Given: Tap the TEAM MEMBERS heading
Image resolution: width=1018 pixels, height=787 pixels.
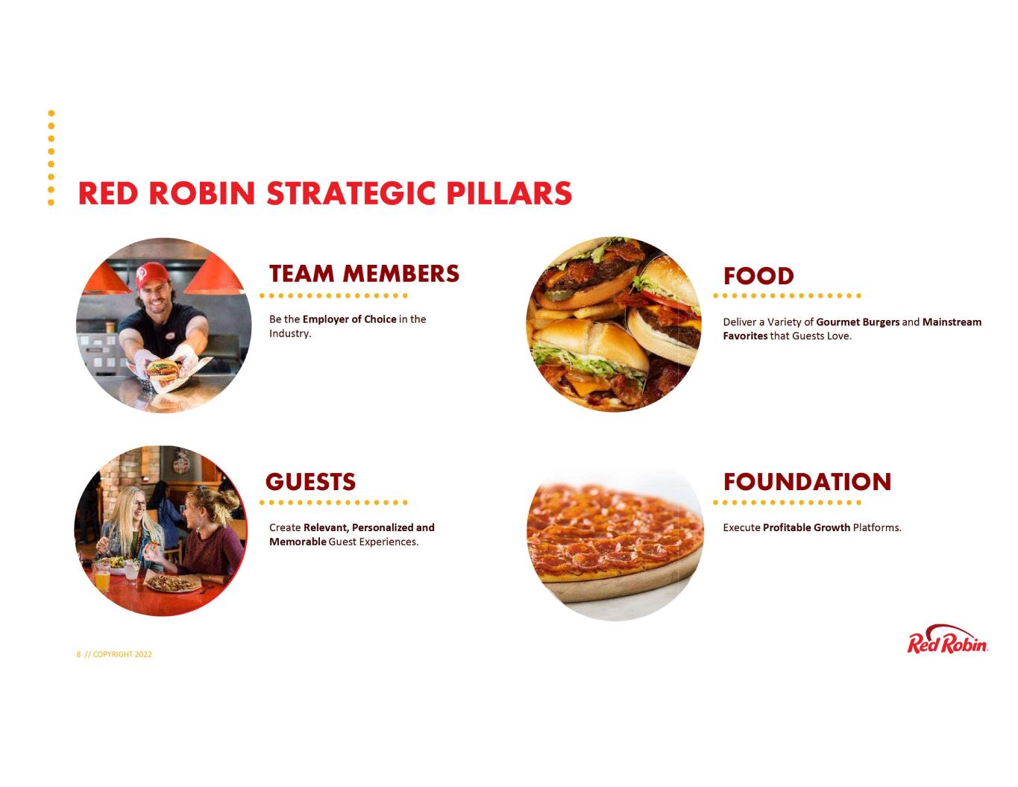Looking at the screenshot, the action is (364, 274).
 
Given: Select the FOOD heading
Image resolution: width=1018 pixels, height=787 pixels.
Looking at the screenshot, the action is (758, 276).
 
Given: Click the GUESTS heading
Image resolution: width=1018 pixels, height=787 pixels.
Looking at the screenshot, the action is (310, 482).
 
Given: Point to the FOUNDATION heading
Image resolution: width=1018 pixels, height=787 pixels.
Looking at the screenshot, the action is (807, 482).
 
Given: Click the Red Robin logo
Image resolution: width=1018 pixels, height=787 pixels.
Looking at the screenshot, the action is (947, 639).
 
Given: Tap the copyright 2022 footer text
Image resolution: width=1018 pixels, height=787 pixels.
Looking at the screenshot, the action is (114, 654).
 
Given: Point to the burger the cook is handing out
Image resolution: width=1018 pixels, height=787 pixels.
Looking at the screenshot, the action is (162, 369).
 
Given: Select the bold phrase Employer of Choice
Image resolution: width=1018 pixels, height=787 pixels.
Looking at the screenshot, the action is (349, 319).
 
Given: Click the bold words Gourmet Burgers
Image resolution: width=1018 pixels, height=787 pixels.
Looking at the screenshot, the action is (858, 322).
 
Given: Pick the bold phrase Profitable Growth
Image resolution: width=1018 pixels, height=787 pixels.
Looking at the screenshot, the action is (806, 527).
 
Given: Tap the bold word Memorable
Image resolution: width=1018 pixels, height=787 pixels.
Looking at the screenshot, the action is (298, 542).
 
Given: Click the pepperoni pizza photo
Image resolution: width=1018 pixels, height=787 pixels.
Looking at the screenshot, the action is (615, 543).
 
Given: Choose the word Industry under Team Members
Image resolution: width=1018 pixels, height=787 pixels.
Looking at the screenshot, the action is (290, 333).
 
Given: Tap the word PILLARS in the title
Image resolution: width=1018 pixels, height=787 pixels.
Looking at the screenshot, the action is (509, 193).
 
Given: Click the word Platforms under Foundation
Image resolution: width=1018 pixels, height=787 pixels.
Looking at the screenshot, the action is (876, 527).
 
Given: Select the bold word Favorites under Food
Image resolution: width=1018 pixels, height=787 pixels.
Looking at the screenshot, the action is (745, 336).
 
